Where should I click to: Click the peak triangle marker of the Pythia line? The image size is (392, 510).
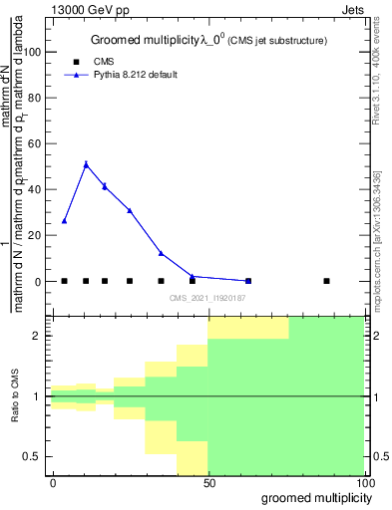[86, 164]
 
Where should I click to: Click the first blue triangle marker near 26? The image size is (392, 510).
[65, 220]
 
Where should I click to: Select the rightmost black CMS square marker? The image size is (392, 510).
[326, 281]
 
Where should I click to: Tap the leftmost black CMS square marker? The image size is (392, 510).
[65, 281]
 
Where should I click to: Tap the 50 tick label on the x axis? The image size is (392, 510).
[208, 483]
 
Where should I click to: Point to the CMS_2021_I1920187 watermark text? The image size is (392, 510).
[207, 298]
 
